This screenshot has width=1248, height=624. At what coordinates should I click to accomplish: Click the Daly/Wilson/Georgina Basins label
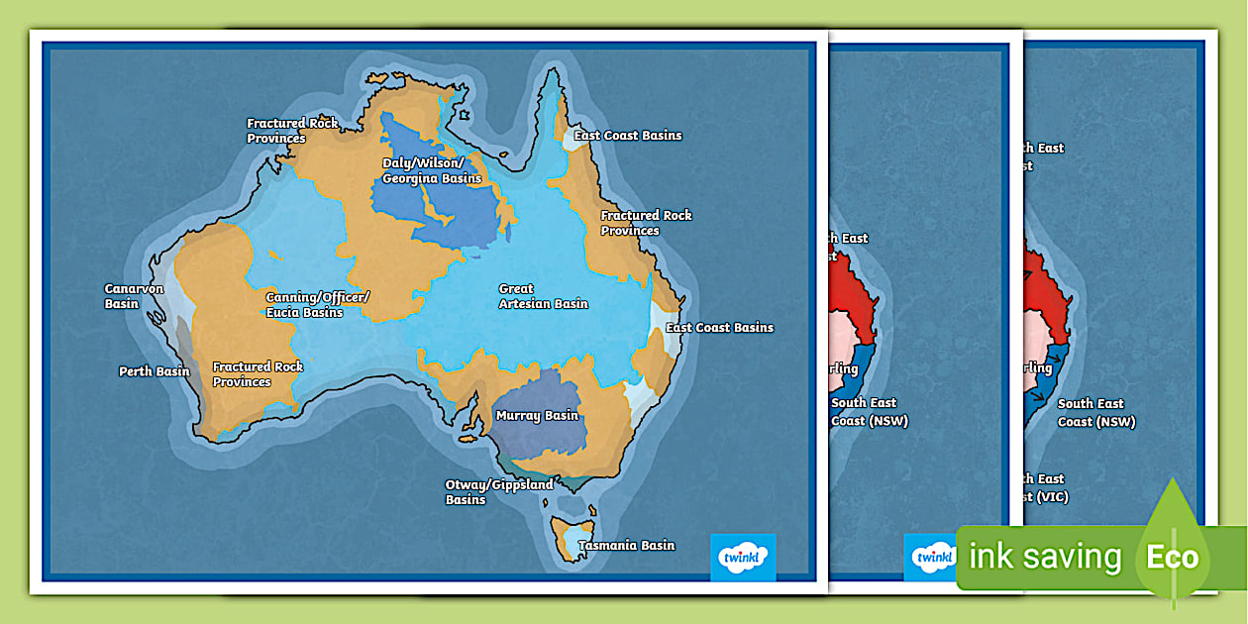tap(432, 170)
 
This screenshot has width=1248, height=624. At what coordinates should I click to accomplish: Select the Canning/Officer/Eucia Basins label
tap(317, 304)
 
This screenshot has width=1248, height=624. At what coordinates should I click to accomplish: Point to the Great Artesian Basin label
tap(543, 296)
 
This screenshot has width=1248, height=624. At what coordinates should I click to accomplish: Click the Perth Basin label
tap(154, 371)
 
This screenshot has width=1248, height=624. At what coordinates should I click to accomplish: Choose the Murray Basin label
tap(537, 415)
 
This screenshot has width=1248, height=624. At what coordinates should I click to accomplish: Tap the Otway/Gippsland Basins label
tap(499, 492)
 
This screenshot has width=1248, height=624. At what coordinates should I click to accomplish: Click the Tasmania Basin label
tap(626, 545)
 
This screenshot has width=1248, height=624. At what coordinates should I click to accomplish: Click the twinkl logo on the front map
tap(743, 557)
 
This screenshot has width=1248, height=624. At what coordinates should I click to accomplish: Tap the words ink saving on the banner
tap(1044, 557)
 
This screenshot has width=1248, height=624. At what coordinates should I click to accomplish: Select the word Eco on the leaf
tap(1172, 557)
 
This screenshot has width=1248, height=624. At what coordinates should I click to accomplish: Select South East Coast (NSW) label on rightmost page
tap(1095, 412)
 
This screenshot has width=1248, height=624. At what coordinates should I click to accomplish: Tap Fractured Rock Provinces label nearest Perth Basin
tap(258, 373)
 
